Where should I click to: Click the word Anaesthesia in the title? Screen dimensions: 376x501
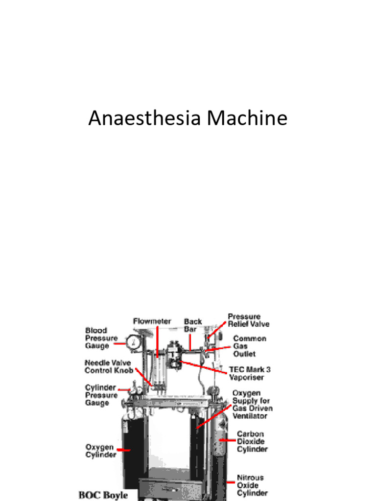[x=144, y=117]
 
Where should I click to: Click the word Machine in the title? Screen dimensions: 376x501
[x=247, y=117]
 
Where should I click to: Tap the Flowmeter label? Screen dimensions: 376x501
[x=152, y=321]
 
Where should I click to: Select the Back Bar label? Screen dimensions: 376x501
[x=193, y=325]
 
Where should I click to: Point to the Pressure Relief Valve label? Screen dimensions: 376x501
[x=248, y=320]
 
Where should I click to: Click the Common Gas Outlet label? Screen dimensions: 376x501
[x=249, y=346]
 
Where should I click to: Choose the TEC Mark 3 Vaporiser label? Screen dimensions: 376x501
[x=250, y=373]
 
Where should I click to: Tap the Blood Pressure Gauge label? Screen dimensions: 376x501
[x=101, y=338]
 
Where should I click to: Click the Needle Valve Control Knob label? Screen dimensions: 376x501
[x=109, y=366]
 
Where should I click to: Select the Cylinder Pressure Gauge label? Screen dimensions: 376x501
[x=101, y=395]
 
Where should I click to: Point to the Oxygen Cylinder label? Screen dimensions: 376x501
[x=100, y=451]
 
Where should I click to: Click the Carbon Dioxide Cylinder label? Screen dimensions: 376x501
[x=252, y=441]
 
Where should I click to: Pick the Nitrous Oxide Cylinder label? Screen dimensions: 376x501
[x=252, y=485]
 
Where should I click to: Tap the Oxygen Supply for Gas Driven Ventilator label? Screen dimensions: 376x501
[x=252, y=404]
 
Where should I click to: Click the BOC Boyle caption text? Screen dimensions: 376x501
[x=103, y=495]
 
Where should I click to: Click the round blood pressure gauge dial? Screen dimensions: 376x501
[x=133, y=342]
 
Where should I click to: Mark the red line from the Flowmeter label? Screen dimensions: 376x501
[x=157, y=341]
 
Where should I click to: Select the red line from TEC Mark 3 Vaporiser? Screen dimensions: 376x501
[x=203, y=367]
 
